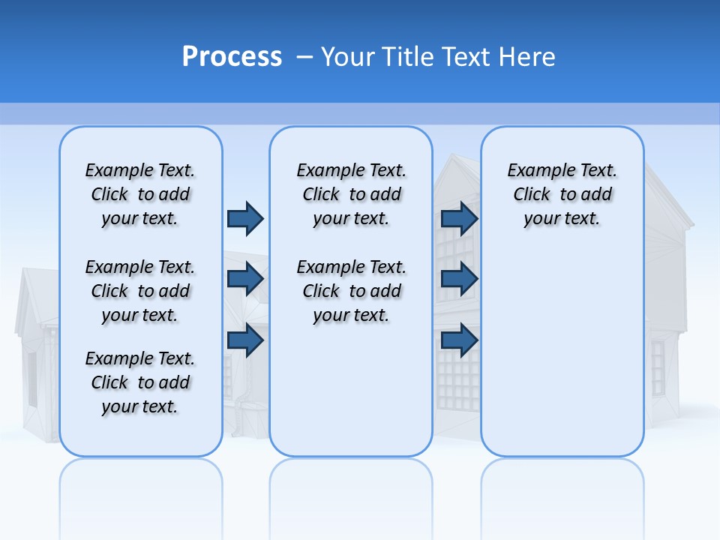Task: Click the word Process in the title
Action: coord(232,57)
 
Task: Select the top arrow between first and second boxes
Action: coord(245,218)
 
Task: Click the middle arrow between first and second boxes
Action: coord(245,279)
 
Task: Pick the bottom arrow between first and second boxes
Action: coord(245,340)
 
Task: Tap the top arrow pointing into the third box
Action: coord(459,218)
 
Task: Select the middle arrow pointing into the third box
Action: coord(459,279)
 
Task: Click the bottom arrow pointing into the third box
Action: coord(459,340)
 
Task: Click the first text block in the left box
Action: coord(140,194)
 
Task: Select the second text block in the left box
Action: coord(140,291)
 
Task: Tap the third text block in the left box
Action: coord(140,382)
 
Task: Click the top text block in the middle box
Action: coord(351,194)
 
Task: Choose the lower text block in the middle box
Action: coord(351,291)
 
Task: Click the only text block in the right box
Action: coord(562,194)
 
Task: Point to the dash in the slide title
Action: coord(304,57)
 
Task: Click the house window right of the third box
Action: coord(658,367)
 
